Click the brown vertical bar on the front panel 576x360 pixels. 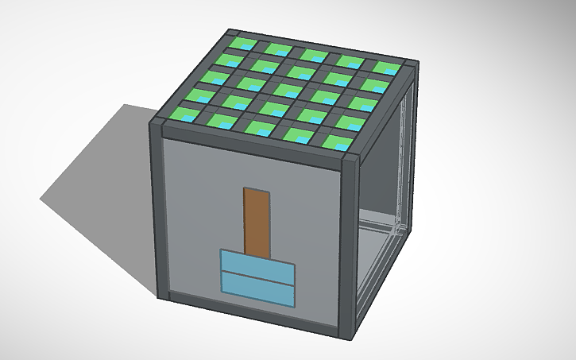(256, 223)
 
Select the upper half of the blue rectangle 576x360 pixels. (256, 262)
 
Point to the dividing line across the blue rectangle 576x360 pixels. (256, 274)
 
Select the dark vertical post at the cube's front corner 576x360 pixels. (349, 246)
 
